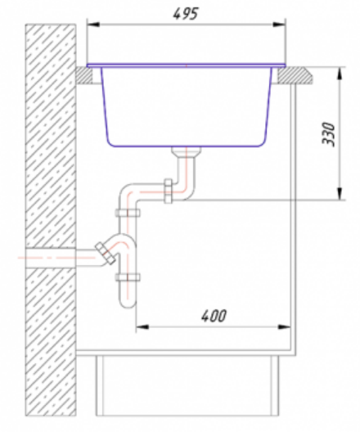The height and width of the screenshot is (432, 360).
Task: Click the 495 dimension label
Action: pyautogui.click(x=186, y=13)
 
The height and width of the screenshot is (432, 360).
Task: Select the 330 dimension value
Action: pyautogui.click(x=329, y=134)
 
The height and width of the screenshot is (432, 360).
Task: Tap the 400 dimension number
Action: pyautogui.click(x=214, y=316)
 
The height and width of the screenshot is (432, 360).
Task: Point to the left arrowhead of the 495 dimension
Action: pyautogui.click(x=93, y=25)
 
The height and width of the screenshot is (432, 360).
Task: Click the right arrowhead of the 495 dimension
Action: pyautogui.click(x=279, y=25)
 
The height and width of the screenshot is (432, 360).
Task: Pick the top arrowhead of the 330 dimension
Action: pyautogui.click(x=340, y=74)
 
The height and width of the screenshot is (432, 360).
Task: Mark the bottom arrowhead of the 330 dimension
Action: pyautogui.click(x=340, y=193)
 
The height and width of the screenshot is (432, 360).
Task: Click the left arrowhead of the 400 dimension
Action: pyautogui.click(x=142, y=327)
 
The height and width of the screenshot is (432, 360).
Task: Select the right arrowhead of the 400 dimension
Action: pyautogui.click(x=284, y=327)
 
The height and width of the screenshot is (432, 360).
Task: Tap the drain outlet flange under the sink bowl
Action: pyautogui.click(x=186, y=151)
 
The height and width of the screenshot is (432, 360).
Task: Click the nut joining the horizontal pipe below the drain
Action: pyautogui.click(x=169, y=191)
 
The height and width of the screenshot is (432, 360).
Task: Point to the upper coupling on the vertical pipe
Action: pyautogui.click(x=128, y=213)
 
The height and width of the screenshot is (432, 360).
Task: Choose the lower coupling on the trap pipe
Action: pyautogui.click(x=128, y=277)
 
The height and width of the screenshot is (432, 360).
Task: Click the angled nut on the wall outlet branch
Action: pyautogui.click(x=106, y=253)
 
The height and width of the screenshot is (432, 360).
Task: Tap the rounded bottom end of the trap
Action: pyautogui.click(x=128, y=303)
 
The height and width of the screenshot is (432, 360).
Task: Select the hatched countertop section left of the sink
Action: pyautogui.click(x=84, y=75)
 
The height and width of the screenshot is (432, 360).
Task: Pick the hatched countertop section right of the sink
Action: pyautogui.click(x=295, y=75)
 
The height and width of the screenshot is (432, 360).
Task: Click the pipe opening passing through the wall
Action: pyautogui.click(x=51, y=258)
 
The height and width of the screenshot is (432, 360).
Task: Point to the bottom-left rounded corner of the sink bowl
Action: pyautogui.click(x=110, y=142)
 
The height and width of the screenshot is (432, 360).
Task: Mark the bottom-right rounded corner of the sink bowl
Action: pyautogui.click(x=262, y=142)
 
